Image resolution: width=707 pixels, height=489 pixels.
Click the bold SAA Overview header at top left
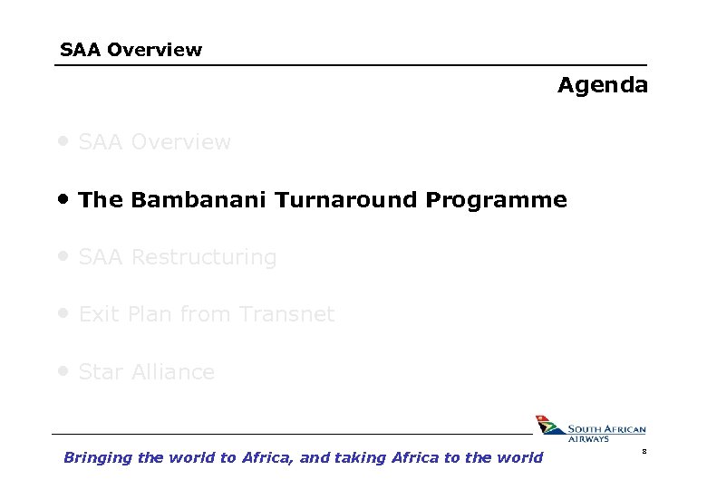[x=131, y=50]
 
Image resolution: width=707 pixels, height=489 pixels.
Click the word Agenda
[x=603, y=86]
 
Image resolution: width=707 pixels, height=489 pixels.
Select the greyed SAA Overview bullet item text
[x=155, y=143]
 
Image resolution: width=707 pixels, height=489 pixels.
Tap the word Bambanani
[x=199, y=200]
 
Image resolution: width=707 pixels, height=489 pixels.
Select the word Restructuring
[x=204, y=258]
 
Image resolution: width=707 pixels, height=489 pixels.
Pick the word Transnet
[x=287, y=315]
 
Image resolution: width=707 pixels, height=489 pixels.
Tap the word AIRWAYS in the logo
[x=588, y=439]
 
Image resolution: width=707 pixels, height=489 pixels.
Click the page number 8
[x=644, y=450]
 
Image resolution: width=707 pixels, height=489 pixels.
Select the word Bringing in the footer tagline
[x=97, y=458]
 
